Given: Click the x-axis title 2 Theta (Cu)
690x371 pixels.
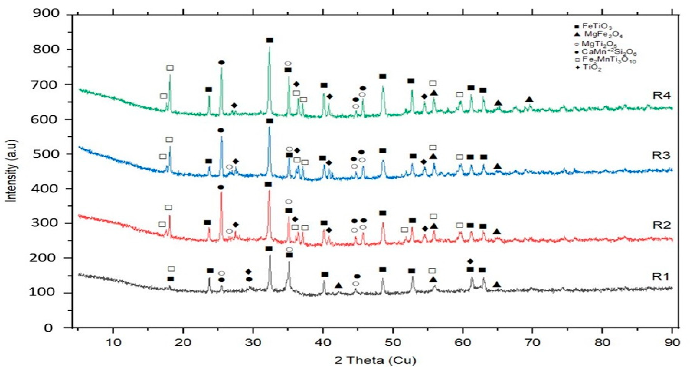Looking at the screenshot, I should (x=375, y=361).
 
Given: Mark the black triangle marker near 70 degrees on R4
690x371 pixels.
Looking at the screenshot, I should (x=529, y=99).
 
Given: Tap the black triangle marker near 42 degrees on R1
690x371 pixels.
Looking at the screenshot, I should (x=338, y=286).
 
